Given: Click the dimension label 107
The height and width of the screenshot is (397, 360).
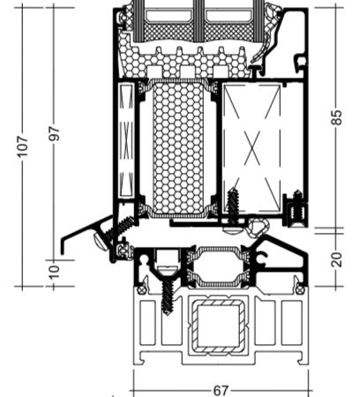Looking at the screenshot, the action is (23, 146).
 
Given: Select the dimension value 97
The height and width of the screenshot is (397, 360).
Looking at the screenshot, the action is (55, 133).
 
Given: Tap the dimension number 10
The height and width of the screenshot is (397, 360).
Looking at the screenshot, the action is (54, 272).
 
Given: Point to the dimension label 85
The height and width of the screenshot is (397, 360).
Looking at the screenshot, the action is (337, 117).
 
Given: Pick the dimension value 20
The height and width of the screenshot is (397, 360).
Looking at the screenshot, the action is (337, 259).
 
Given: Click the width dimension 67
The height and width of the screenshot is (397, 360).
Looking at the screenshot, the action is (221, 391).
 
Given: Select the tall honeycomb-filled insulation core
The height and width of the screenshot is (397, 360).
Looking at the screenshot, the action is (178, 147).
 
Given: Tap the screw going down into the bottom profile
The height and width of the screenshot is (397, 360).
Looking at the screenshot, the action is (168, 297).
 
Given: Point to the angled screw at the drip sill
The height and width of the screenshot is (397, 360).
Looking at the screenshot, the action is (116, 232).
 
